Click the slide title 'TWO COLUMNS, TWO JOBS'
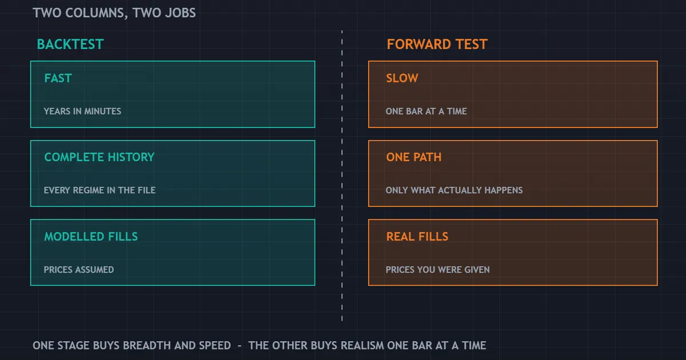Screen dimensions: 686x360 coord(114,13)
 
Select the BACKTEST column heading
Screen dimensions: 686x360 coord(70,44)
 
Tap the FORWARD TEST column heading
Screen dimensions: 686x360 coord(437,44)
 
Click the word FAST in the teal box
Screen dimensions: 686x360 coord(58,78)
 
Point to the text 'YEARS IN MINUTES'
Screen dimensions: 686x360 coord(82,111)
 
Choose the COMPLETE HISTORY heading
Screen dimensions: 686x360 coord(99,157)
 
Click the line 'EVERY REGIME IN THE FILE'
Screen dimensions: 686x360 coord(99,190)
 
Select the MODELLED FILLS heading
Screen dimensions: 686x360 coord(91,237)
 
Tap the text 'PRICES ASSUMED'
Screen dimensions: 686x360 coord(79,269)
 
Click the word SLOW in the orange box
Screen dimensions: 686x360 coord(402,78)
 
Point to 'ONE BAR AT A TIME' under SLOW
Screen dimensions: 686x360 coord(426,111)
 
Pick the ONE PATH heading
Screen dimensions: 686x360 coord(414,157)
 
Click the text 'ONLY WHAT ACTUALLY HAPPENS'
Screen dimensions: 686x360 coord(454,190)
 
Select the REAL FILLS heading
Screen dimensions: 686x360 coord(417,237)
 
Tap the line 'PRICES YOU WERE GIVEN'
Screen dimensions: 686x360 coord(438,269)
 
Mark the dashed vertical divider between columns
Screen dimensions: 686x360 coord(342,175)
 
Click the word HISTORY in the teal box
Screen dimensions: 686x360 coord(131,157)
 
